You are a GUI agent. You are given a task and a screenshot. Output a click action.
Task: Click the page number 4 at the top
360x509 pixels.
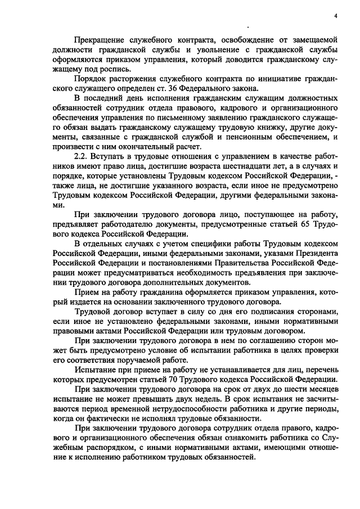pos(335,15)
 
